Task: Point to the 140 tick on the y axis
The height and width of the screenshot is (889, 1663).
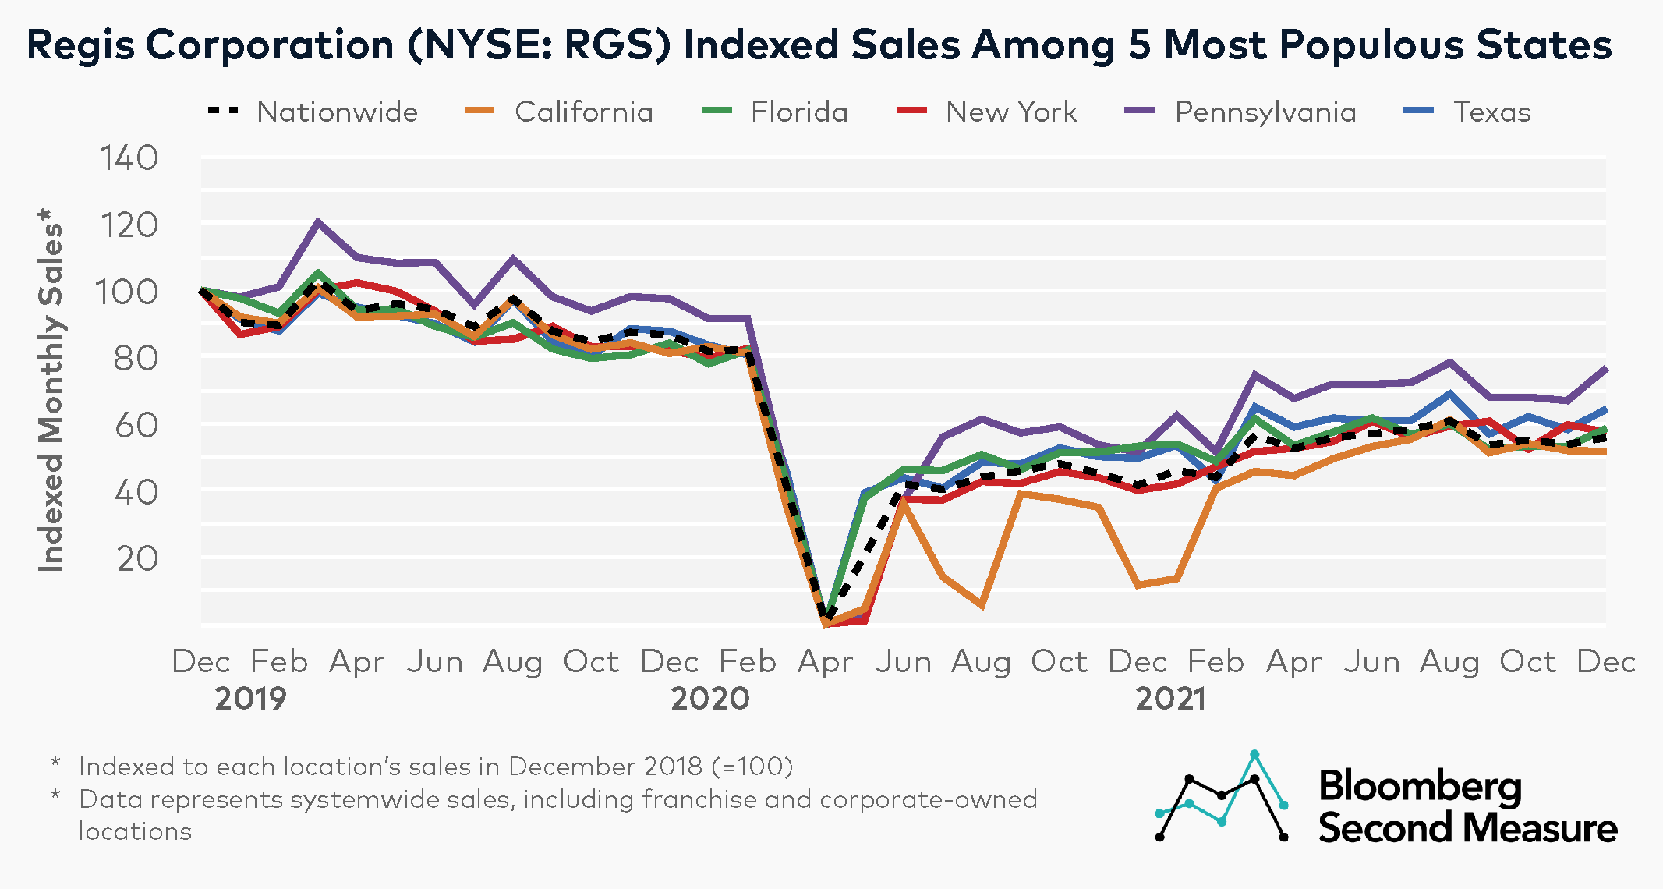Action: coord(129,158)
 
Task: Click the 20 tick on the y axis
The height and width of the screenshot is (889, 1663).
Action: coord(137,558)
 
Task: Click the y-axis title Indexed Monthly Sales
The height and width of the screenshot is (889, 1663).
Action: coord(51,390)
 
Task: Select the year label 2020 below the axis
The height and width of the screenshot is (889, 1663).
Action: coord(709,698)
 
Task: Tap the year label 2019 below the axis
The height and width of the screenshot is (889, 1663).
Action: coord(250,698)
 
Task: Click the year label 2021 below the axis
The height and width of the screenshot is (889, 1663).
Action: coord(1170,698)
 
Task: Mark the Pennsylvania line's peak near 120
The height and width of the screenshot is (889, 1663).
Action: coord(318,221)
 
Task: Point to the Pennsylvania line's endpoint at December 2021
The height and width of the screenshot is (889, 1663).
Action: coord(1605,368)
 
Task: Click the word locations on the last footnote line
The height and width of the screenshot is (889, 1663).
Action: coord(135,831)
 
